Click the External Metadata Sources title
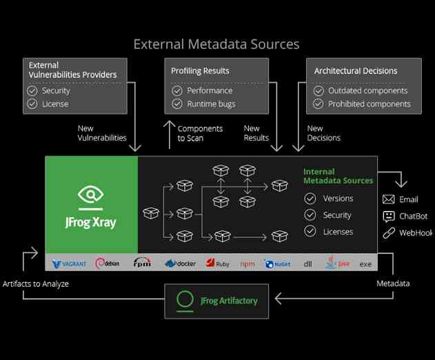tap(216, 44)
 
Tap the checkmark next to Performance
tap(176, 90)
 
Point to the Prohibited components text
tap(369, 104)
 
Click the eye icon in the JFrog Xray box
tap(91, 194)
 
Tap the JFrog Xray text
tap(91, 222)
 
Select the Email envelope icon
tap(388, 199)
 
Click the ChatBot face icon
tap(388, 217)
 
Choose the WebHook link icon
tap(388, 233)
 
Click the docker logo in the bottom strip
tap(181, 263)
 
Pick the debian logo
tap(110, 263)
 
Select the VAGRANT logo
tap(69, 263)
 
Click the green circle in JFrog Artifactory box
tap(185, 300)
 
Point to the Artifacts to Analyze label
tap(35, 283)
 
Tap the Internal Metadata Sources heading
tap(338, 176)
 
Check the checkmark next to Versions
tap(310, 199)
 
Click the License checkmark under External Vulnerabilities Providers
tap(32, 104)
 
